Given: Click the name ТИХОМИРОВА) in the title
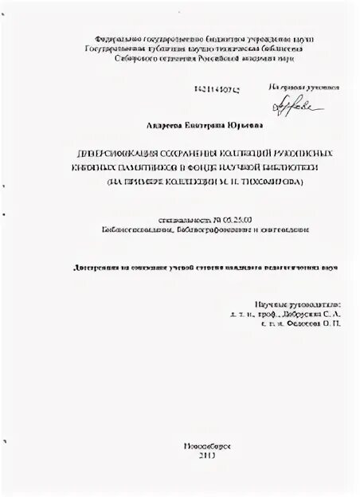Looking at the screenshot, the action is (271, 182).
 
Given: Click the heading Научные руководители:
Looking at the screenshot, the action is (296, 306).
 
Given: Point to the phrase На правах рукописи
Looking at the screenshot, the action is (302, 86).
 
